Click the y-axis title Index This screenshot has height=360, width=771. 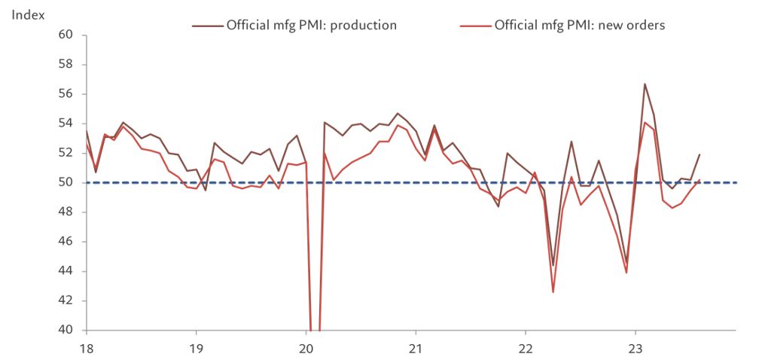tap(28, 15)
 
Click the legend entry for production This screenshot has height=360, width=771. tap(311, 25)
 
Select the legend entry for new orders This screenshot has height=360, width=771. tap(579, 25)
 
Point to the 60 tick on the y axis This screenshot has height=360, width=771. tap(66, 35)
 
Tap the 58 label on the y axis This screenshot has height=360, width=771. tap(66, 65)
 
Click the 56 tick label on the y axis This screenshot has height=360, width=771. tap(66, 94)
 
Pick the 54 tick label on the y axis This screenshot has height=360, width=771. tap(66, 124)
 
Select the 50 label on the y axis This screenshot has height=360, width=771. tap(66, 182)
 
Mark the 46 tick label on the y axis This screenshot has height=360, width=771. tap(66, 242)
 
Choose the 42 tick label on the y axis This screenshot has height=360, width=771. tap(66, 301)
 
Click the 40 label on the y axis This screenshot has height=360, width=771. tap(66, 330)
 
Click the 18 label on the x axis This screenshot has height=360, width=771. tap(87, 348)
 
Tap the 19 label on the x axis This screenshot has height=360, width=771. tap(196, 348)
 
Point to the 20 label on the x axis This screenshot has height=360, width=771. tap(306, 348)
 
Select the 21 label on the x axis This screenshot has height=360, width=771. tap(416, 348)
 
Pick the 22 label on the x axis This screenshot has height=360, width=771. tap(526, 348)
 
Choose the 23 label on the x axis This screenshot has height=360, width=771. tap(635, 348)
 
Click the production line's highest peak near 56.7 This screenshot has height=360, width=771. tap(645, 84)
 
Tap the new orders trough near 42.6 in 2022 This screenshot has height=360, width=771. tap(553, 291)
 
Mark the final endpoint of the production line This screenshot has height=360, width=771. tap(699, 154)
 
